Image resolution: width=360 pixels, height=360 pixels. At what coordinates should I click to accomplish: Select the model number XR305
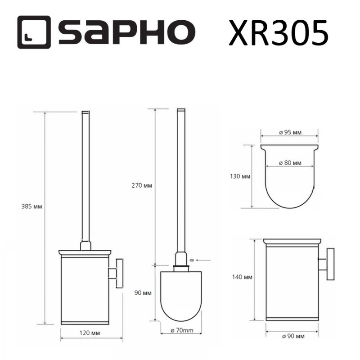(x=278, y=32)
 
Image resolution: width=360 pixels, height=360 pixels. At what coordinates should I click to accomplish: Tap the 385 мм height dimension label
(x=31, y=207)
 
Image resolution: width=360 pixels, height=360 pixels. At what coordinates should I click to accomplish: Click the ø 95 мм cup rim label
(x=290, y=132)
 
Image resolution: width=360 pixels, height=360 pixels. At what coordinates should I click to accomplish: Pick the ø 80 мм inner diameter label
(x=290, y=163)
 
